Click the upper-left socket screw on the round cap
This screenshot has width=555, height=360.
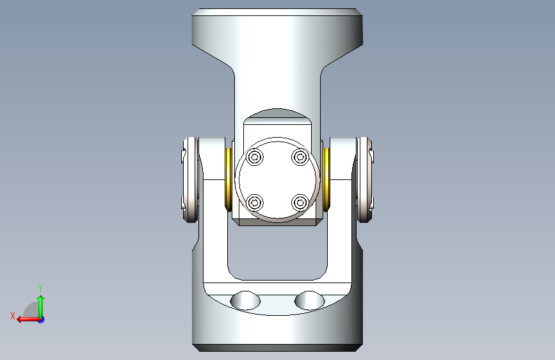(255, 156)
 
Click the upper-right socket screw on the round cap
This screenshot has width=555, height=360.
(300, 156)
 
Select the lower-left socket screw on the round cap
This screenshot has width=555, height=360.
(255, 202)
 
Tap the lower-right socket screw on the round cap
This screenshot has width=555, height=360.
(300, 202)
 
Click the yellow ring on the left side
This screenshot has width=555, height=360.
(229, 179)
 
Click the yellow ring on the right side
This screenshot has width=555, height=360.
(326, 179)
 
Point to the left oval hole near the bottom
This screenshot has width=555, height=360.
(245, 300)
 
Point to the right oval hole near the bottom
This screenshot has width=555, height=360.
(310, 300)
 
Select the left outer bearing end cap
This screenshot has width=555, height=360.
(190, 180)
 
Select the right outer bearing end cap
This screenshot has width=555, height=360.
(365, 180)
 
